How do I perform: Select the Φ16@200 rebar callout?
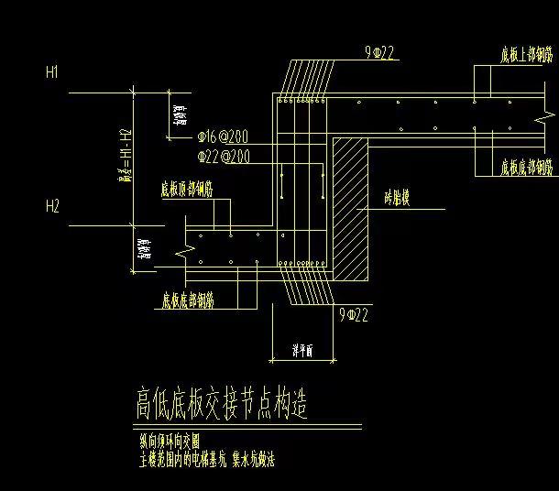coord(223,137)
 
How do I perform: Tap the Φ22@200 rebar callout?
coord(223,157)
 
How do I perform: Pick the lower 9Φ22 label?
coord(354,315)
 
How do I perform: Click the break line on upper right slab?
coord(473,119)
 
